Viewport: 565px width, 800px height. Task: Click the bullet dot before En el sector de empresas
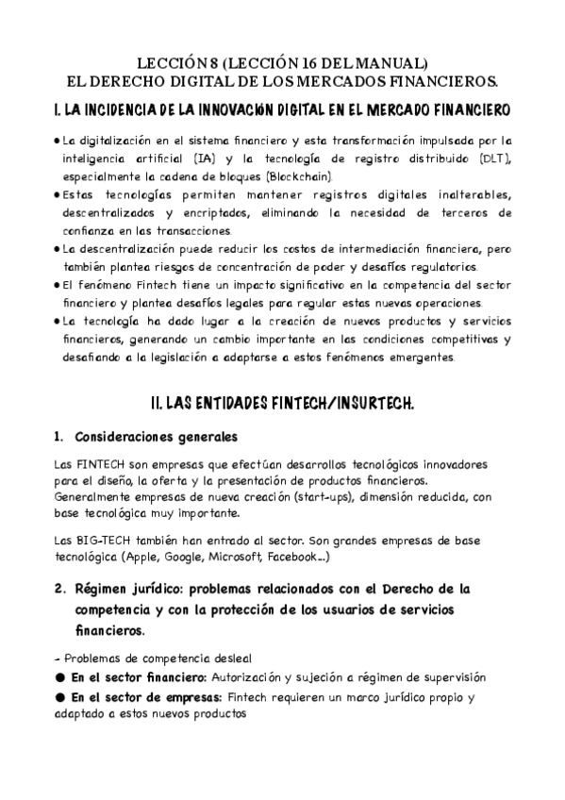(61, 698)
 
